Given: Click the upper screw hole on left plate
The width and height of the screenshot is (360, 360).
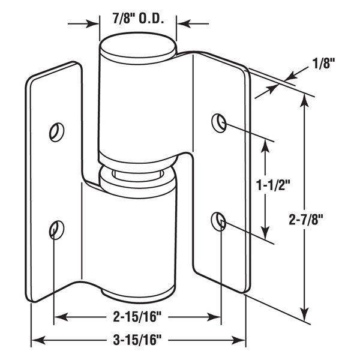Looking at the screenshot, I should click(x=56, y=130).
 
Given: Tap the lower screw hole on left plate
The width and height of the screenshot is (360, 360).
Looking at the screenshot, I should click(x=55, y=229).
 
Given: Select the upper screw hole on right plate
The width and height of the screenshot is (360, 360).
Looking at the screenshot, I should click(x=218, y=122).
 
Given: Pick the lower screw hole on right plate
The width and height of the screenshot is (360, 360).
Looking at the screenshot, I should click(x=218, y=221).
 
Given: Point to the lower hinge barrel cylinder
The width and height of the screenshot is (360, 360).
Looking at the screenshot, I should click(x=137, y=240).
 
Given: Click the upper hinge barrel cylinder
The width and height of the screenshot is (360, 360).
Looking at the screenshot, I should click(x=137, y=102).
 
